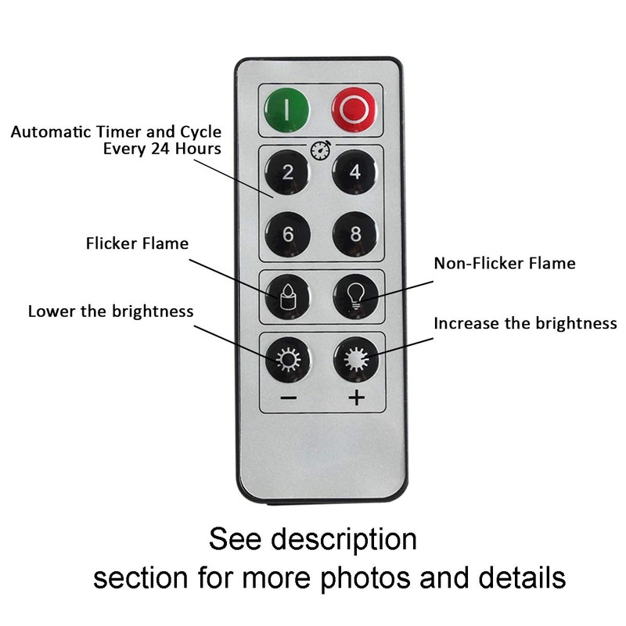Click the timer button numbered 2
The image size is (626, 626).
(287, 172)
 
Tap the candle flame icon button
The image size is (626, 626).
(287, 296)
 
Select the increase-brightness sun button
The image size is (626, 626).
(356, 359)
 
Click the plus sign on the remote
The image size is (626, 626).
(357, 398)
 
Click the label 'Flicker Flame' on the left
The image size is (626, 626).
(137, 243)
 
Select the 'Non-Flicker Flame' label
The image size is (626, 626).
(505, 264)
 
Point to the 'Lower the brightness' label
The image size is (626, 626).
(110, 311)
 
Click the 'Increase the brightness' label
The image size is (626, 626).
(525, 323)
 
